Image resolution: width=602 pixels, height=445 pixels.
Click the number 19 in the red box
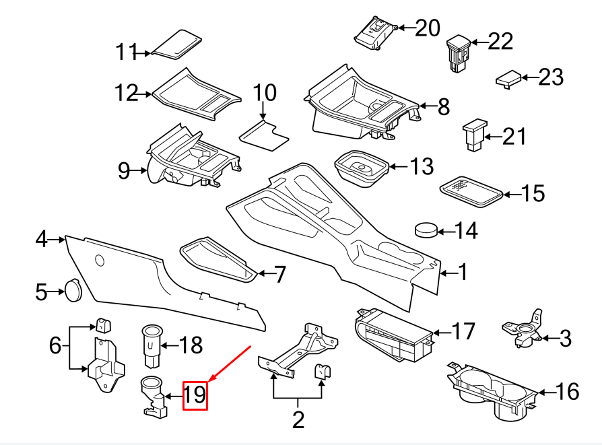[195, 395]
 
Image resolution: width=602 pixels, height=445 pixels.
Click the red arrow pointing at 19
[229, 364]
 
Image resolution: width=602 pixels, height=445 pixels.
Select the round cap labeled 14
[426, 230]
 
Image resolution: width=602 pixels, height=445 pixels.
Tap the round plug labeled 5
[73, 291]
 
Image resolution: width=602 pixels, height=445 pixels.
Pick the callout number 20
[428, 28]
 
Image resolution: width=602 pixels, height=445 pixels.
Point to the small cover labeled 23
[508, 79]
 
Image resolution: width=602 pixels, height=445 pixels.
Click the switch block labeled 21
[475, 135]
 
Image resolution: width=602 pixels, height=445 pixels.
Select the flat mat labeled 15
[471, 192]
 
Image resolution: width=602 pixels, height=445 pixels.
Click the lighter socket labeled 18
[152, 346]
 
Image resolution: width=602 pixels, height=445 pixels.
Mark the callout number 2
[298, 419]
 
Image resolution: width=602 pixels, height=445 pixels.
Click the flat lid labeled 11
[176, 44]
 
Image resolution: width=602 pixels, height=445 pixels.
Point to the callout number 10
[265, 92]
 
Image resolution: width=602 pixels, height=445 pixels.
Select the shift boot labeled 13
[362, 168]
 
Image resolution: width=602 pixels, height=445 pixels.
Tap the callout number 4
[41, 239]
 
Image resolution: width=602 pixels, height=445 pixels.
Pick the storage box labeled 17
[395, 335]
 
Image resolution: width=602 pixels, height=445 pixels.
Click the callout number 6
[55, 345]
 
